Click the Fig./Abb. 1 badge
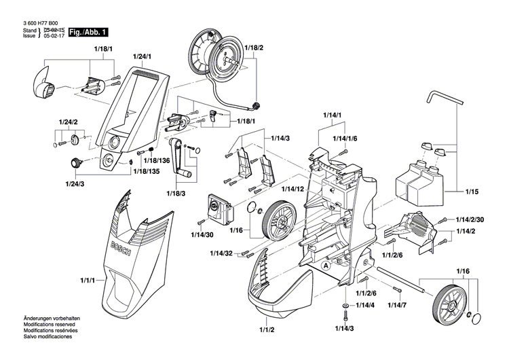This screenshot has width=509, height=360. pyautogui.click(x=88, y=32)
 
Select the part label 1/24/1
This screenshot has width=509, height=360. pyautogui.click(x=142, y=55)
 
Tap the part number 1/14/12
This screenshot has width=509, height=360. pyautogui.click(x=293, y=188)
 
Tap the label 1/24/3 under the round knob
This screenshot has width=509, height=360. pyautogui.click(x=75, y=183)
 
